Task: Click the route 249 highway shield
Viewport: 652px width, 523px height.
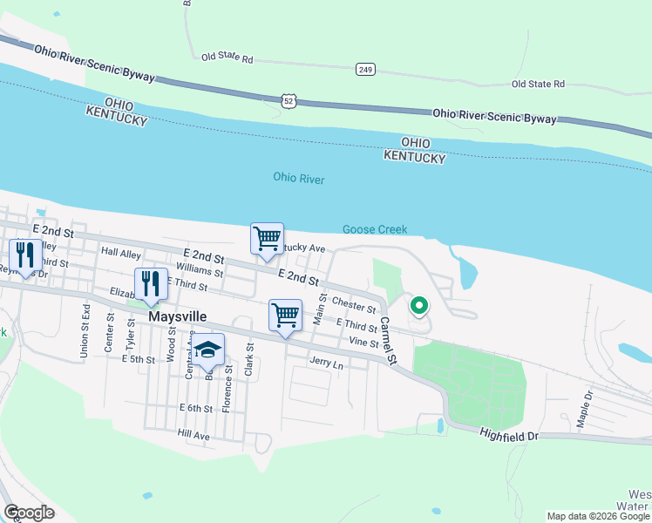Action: [x=365, y=68]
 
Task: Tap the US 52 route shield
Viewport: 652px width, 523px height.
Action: [x=289, y=102]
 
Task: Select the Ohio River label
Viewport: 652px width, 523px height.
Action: [x=298, y=179]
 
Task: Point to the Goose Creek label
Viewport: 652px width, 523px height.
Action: [x=374, y=229]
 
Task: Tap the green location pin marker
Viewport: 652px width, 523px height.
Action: [x=419, y=306]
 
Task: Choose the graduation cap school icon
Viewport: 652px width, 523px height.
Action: [x=208, y=350]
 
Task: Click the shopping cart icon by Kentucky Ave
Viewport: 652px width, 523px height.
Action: [x=267, y=238]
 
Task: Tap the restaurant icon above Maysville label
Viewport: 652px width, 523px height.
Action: [x=150, y=283]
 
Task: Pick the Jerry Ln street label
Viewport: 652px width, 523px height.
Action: [x=326, y=362]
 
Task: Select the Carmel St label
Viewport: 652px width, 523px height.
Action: [x=388, y=341]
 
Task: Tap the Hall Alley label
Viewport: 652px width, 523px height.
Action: [x=121, y=253]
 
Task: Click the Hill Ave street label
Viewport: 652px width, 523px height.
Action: [x=194, y=433]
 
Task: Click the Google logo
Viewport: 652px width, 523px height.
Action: [x=29, y=513]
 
